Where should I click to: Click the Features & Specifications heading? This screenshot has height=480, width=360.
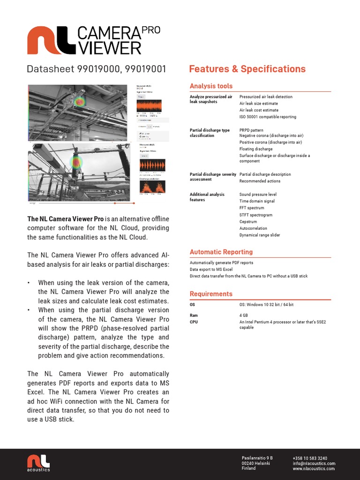(247, 69)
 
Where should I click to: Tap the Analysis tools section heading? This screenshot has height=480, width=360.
(211, 86)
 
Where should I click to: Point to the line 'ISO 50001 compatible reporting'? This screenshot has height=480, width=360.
(268, 117)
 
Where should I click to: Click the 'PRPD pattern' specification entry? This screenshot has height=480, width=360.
(251, 130)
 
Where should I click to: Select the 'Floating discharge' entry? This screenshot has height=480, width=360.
(255, 149)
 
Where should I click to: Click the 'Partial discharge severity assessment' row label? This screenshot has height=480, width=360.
(212, 177)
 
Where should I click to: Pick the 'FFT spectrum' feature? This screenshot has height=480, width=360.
(252, 208)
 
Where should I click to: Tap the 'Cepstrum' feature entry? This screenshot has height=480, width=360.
(249, 222)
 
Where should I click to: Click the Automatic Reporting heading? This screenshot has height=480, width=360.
(221, 252)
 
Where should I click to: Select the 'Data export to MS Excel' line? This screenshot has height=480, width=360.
(211, 270)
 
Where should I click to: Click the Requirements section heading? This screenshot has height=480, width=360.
(211, 294)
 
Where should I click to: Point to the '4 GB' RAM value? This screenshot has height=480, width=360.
(244, 316)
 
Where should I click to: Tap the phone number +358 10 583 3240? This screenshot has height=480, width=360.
(310, 458)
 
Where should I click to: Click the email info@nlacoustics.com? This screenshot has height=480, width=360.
(314, 464)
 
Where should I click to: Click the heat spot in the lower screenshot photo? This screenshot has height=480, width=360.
(75, 162)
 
